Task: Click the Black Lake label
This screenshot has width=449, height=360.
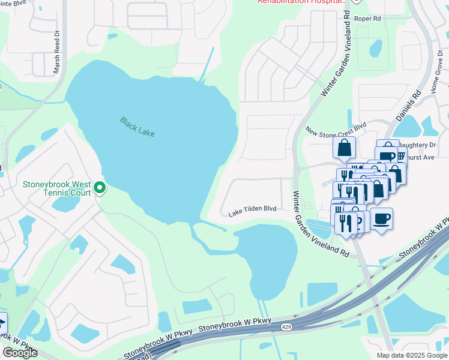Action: pos(137,127)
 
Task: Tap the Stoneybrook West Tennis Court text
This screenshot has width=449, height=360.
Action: pos(57,188)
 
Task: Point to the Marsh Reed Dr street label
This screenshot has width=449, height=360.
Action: pos(57,53)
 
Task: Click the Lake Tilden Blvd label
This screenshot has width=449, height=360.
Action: pos(252,210)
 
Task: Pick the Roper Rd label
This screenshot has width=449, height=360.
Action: pos(368,19)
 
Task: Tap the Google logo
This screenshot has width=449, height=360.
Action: pos(19,353)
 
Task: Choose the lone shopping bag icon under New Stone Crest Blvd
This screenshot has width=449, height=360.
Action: pos(344,148)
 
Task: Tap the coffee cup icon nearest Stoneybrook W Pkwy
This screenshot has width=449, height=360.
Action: pos(381,218)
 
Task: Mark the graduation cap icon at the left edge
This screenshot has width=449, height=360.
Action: pos(2,324)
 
